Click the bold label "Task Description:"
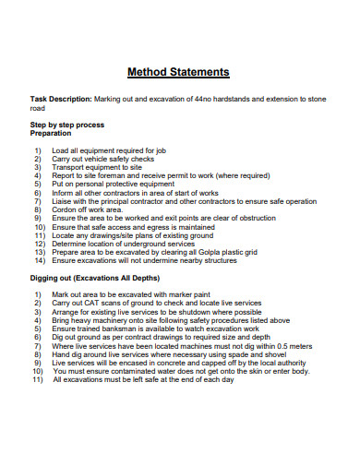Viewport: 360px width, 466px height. click(x=60, y=98)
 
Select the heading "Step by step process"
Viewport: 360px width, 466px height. click(x=67, y=124)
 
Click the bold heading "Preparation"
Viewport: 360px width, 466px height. click(x=52, y=133)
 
